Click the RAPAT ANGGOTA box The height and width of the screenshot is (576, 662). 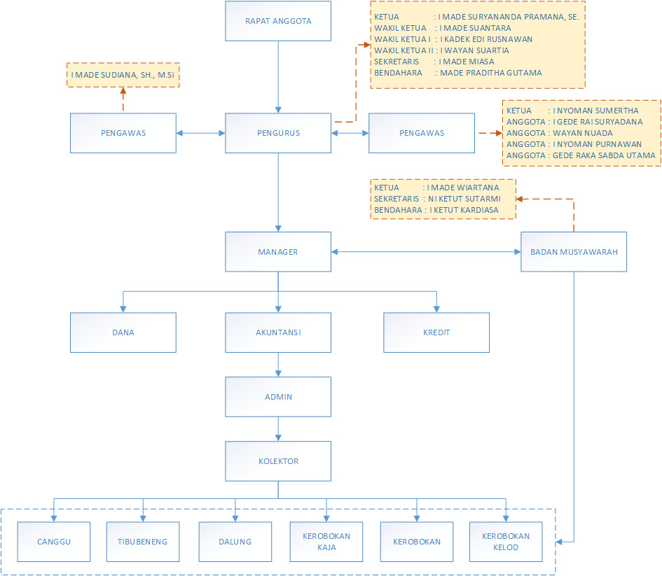[278, 21]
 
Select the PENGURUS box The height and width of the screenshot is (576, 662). [278, 133]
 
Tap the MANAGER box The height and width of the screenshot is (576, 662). [278, 252]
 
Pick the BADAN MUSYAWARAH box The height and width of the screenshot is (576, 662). [574, 252]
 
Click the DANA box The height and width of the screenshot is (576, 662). [123, 332]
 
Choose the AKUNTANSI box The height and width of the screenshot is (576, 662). [278, 332]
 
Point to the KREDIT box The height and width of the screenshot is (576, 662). [436, 332]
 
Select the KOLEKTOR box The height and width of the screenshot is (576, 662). [278, 461]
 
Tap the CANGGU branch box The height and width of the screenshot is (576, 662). [54, 542]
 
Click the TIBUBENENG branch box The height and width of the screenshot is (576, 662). [143, 542]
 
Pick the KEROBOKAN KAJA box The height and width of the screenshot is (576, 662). [326, 542]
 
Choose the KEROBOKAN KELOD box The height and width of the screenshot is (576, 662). [506, 542]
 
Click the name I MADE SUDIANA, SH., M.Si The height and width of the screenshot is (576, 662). [123, 75]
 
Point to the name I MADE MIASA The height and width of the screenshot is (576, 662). [467, 62]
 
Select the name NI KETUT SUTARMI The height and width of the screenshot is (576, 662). [464, 199]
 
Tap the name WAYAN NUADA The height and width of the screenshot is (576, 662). [583, 133]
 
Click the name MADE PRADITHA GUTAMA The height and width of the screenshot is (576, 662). [491, 73]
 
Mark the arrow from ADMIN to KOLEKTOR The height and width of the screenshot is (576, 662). [278, 429]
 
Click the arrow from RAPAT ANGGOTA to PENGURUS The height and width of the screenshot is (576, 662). [278, 77]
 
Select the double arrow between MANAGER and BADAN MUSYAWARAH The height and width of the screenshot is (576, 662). [426, 252]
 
